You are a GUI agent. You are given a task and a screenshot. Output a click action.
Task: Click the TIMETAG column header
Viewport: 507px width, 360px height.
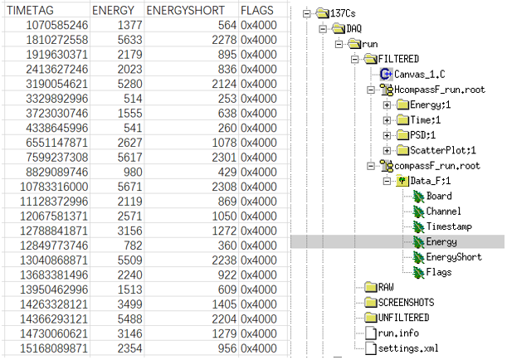30,10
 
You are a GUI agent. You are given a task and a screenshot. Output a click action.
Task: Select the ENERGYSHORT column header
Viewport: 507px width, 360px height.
185,10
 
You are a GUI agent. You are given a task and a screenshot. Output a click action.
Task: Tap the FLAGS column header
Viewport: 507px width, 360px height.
256,10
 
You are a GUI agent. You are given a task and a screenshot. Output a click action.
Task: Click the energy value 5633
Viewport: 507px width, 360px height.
129,40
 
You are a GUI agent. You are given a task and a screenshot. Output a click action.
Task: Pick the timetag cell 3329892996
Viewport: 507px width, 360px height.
57,99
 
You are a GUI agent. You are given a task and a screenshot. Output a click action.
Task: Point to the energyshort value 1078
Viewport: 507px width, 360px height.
224,143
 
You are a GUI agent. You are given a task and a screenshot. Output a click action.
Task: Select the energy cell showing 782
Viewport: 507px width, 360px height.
133,246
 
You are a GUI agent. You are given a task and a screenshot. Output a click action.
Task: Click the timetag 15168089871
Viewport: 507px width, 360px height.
54,348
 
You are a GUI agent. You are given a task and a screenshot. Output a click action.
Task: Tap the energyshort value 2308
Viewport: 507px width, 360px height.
224,187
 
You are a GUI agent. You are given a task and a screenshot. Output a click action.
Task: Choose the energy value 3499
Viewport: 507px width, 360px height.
129,304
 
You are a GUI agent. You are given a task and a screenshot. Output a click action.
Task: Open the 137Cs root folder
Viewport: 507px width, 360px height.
343,13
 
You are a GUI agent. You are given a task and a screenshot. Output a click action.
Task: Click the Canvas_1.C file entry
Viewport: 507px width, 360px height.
419,75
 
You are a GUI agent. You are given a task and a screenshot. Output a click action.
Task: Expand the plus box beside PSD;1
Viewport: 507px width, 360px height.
387,135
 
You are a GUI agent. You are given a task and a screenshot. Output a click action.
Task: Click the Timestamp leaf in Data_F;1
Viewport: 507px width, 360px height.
449,226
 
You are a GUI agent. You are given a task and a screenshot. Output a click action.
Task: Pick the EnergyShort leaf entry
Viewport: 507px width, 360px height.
454,257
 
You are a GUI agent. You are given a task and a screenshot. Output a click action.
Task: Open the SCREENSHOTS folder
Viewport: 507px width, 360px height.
406,303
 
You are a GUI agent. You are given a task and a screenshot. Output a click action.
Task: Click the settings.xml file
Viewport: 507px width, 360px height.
408,348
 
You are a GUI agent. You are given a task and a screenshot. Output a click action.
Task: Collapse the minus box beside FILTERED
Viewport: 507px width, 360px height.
354,59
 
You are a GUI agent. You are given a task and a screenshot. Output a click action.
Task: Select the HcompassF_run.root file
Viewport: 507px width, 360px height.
440,90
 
